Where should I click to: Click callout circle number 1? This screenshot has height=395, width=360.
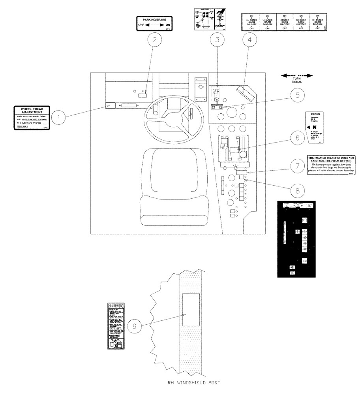point(59,117)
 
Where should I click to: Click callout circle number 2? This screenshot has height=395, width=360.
point(155,39)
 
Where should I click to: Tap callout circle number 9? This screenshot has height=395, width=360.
point(134,326)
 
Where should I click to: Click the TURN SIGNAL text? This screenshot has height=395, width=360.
point(296,81)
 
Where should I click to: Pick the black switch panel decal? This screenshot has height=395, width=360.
point(297,239)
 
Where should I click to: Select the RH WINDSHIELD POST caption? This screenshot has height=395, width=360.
point(191,382)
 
